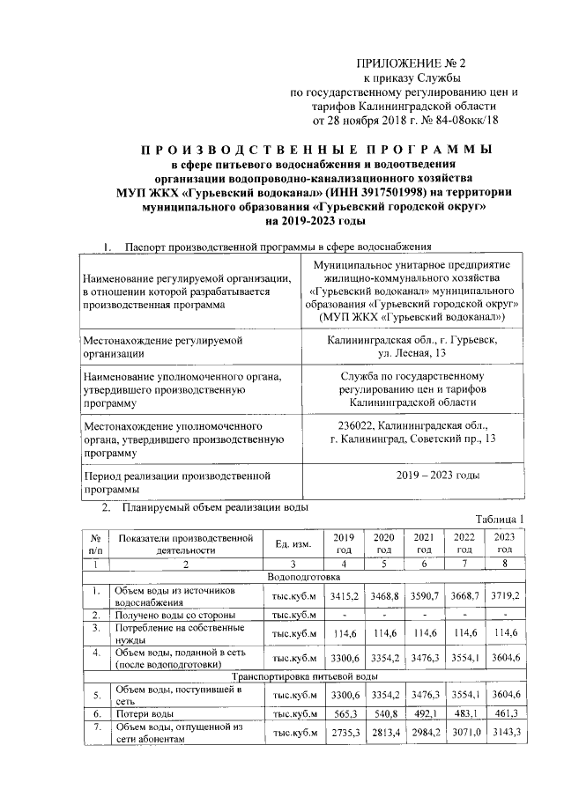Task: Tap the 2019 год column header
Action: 342,543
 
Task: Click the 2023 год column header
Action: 504,543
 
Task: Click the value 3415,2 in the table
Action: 342,596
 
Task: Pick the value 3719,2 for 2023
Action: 504,596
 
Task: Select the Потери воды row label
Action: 144,713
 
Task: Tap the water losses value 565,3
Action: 342,713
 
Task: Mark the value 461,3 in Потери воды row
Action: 504,713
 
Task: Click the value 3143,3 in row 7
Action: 504,734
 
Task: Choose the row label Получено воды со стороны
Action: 174,613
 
